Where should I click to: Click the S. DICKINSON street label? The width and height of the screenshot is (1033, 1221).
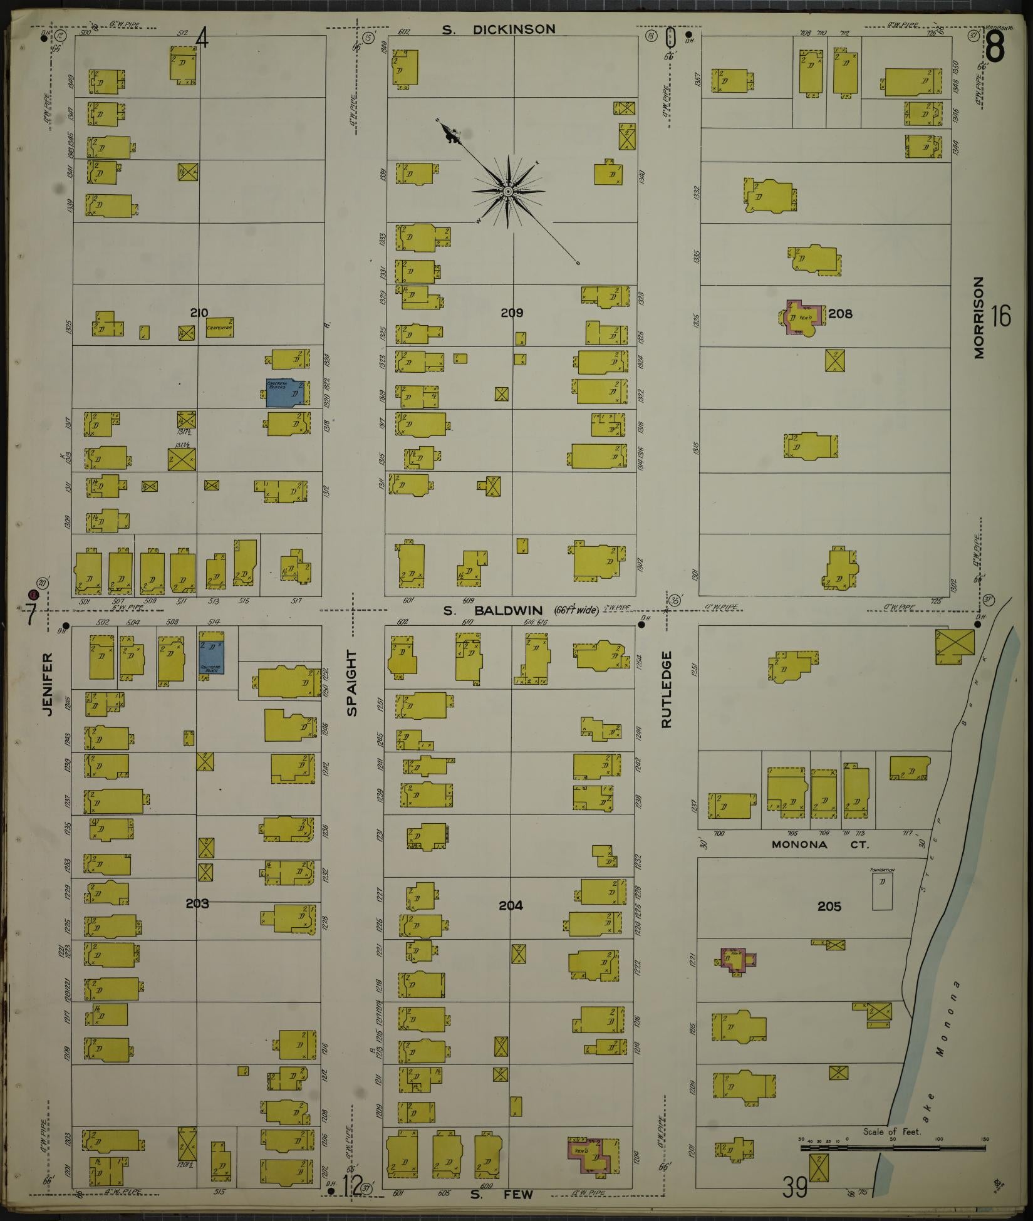pos(498,29)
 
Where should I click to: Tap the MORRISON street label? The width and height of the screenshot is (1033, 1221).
pos(979,318)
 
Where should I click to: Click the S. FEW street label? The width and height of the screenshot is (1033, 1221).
pos(501,1195)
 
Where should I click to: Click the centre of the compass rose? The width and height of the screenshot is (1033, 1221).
pos(508,190)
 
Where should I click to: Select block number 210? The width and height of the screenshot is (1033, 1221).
pos(199,313)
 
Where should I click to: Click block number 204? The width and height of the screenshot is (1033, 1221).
pos(511,905)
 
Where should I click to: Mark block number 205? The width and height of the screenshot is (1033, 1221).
pos(829,906)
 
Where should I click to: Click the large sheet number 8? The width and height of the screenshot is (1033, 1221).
pos(995,47)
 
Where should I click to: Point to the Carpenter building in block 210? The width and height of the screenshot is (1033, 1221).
pos(219,327)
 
